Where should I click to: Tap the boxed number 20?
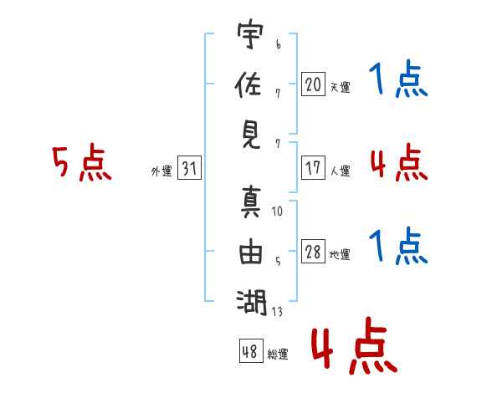(x=313, y=84)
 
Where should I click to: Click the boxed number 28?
(x=313, y=253)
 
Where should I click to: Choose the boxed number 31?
(x=189, y=168)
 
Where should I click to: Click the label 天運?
(x=340, y=87)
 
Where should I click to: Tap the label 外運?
(x=161, y=171)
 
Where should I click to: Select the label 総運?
(x=278, y=354)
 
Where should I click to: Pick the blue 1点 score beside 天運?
(x=399, y=81)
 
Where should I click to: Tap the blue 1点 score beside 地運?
(x=399, y=248)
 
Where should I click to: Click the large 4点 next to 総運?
(x=353, y=347)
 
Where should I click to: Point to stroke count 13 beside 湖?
(x=277, y=313)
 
